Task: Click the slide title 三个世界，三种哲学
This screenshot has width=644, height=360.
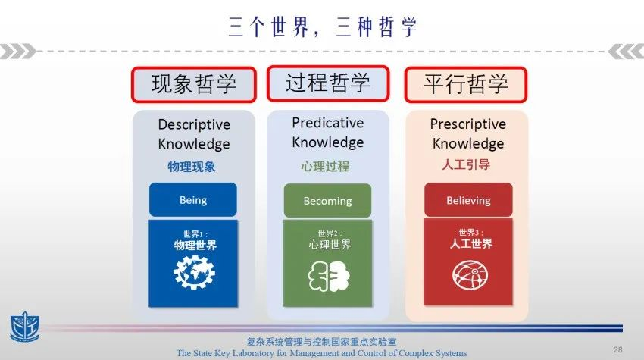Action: [323, 27]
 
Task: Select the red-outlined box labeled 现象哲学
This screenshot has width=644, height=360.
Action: [194, 85]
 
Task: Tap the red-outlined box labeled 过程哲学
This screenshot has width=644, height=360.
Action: [328, 83]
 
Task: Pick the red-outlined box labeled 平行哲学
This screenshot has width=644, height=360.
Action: [466, 85]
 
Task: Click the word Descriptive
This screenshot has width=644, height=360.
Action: [194, 124]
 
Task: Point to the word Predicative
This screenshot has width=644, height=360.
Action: [328, 123]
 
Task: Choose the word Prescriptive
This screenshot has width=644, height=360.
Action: [467, 124]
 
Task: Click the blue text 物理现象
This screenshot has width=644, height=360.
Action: [192, 167]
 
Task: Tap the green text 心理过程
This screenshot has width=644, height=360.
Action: [325, 166]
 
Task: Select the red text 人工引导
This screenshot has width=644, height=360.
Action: [466, 164]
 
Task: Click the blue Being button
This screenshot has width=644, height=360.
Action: [193, 200]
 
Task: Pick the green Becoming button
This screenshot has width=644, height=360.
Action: [327, 201]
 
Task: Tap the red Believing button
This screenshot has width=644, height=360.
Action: [468, 200]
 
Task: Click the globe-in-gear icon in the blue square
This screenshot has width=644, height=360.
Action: [194, 272]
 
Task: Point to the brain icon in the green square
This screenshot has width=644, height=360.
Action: [329, 276]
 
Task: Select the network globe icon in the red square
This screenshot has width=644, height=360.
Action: [470, 275]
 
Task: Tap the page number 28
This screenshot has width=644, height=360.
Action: [617, 349]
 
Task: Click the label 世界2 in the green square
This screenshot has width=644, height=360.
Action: [330, 234]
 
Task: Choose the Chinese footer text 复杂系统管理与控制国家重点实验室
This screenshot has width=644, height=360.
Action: [321, 342]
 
